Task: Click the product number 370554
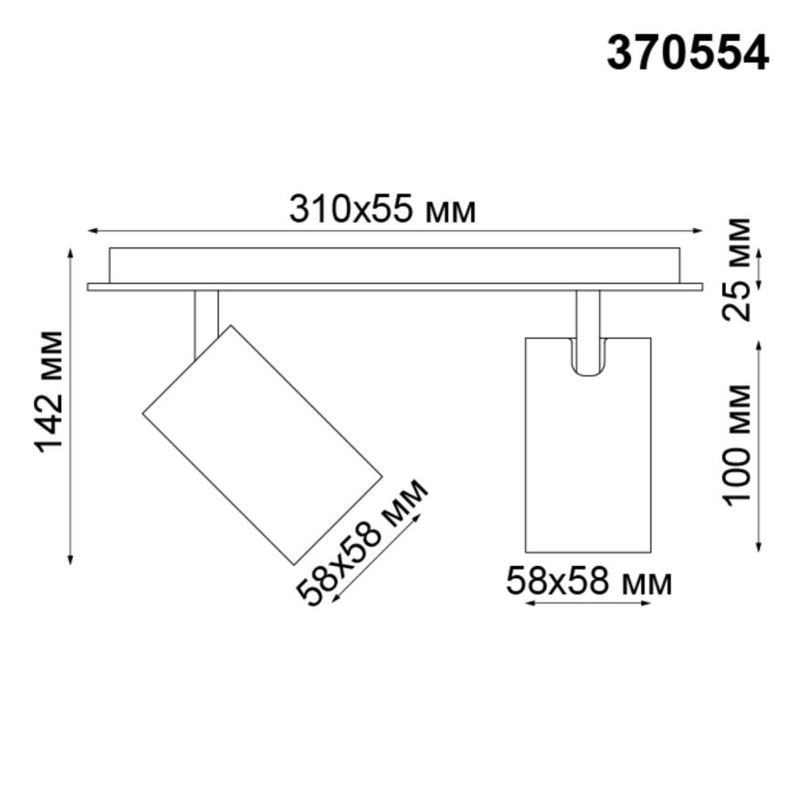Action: click(688, 53)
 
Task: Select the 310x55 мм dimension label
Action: click(383, 210)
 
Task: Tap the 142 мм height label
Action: click(50, 391)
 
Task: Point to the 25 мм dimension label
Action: click(737, 269)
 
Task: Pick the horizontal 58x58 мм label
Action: click(589, 582)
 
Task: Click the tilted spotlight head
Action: click(262, 444)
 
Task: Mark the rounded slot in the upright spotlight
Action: click(587, 358)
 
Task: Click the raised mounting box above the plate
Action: click(394, 265)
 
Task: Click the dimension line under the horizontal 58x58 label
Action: click(589, 605)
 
